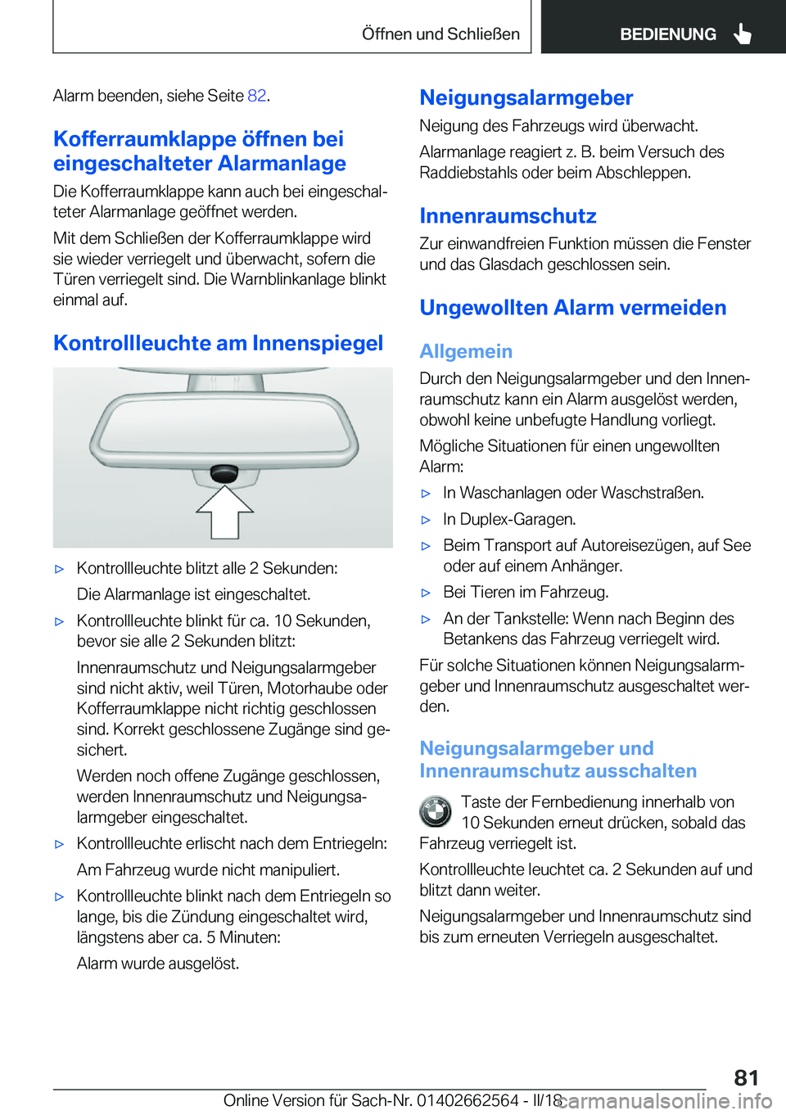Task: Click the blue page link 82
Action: [x=257, y=96]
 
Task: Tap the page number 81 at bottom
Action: [x=746, y=1077]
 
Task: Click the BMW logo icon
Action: [x=436, y=812]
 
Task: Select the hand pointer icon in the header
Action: [x=743, y=34]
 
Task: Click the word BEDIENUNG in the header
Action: [x=668, y=34]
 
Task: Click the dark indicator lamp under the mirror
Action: [x=224, y=472]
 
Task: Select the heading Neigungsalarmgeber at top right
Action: [x=526, y=98]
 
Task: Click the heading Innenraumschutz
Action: [x=508, y=216]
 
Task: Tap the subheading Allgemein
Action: [x=466, y=351]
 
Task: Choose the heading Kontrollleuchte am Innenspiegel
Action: [x=218, y=343]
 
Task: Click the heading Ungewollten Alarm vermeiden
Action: [x=573, y=308]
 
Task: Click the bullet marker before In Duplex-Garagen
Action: [x=426, y=520]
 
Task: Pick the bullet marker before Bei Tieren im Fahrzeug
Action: [x=426, y=593]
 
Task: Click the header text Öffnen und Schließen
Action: [x=440, y=34]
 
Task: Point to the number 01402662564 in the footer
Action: [x=468, y=1100]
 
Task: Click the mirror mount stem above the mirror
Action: [x=225, y=381]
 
